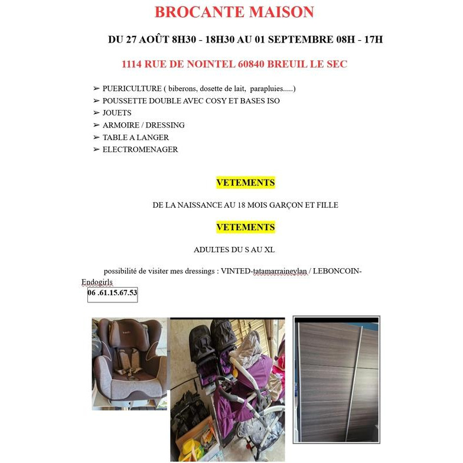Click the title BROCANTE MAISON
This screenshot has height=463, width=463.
point(234,12)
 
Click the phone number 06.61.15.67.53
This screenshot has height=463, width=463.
point(112,293)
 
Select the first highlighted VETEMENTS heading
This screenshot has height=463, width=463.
point(246,183)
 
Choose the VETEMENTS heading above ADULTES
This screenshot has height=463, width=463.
point(246,227)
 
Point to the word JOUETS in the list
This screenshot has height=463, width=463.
point(117,113)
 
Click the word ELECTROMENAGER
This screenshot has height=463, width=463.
point(140,150)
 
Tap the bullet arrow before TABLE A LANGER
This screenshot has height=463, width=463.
point(96,138)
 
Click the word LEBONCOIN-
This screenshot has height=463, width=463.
point(337,271)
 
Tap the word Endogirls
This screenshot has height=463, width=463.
point(97,282)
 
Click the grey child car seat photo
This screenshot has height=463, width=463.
point(129,361)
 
